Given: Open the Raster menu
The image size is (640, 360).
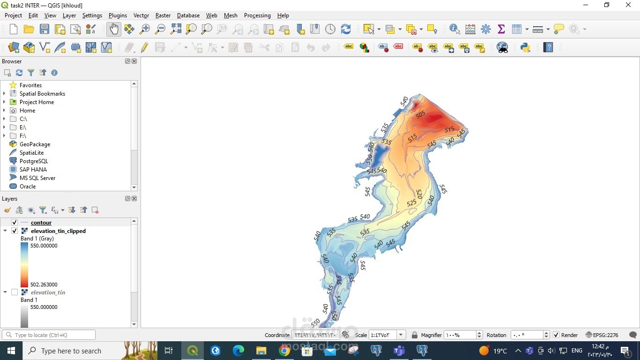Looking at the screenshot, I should (163, 15).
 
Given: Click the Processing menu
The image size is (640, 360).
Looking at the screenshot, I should (257, 15).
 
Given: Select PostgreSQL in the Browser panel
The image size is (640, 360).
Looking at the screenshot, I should (34, 161).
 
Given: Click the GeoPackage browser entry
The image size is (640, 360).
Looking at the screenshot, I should (35, 144).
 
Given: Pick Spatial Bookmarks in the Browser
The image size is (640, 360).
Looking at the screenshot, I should (42, 94).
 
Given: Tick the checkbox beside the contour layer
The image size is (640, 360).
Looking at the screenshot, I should (15, 223).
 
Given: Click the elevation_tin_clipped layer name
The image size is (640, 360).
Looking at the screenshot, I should (58, 231).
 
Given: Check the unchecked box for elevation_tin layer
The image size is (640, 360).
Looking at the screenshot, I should (15, 292).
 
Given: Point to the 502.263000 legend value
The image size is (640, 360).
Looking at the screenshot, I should (44, 285).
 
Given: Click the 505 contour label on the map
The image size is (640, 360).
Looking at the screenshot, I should (420, 114).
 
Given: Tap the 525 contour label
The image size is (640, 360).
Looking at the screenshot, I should (411, 203).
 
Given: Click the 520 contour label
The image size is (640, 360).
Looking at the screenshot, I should (419, 194).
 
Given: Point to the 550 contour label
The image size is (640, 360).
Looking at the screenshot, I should (315, 322).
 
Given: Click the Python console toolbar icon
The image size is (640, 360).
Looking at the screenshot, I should (525, 47).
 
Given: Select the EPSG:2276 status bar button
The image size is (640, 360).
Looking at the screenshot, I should (602, 335).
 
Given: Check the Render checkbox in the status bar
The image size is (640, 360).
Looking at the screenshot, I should (556, 335).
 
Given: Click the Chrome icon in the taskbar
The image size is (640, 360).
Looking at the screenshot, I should (284, 351).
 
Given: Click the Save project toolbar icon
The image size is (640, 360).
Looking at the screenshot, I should (45, 29).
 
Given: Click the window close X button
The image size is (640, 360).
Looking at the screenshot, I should (628, 5).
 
